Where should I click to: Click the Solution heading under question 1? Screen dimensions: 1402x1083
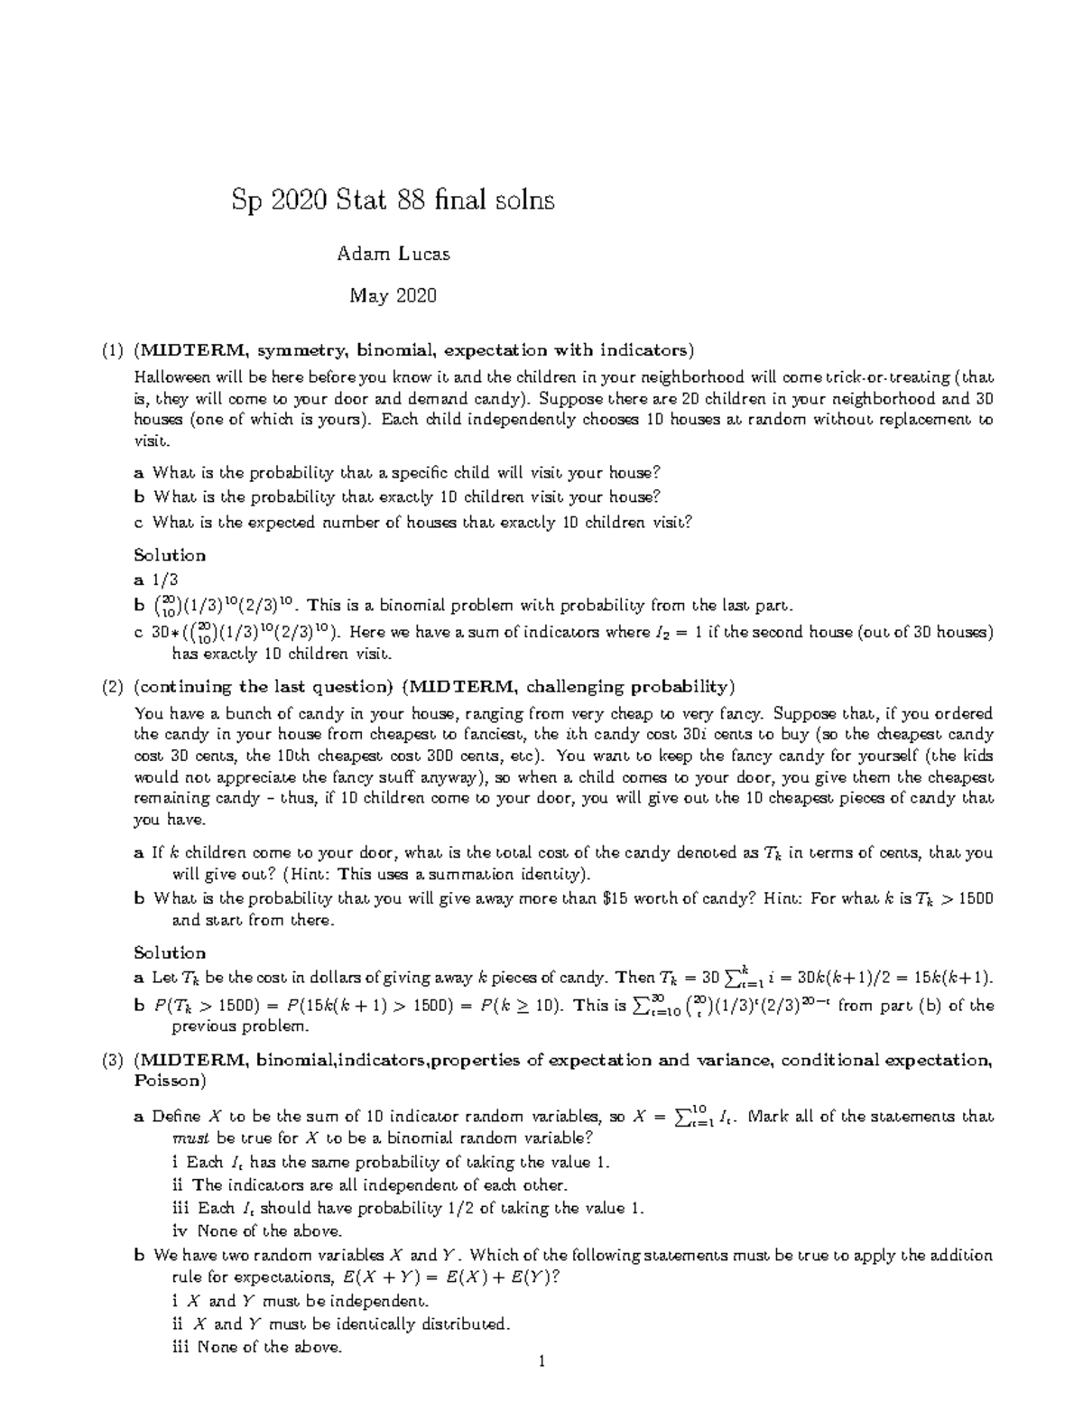click(170, 554)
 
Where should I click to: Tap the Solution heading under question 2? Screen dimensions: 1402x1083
click(170, 952)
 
